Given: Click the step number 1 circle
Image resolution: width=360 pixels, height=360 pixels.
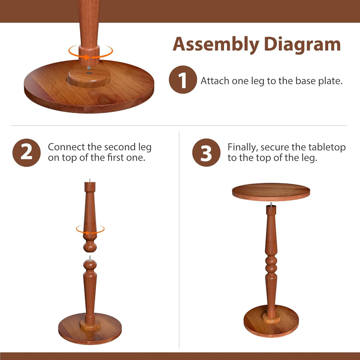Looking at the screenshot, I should pyautogui.click(x=182, y=80).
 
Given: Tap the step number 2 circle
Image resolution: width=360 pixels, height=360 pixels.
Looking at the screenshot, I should pyautogui.click(x=26, y=153).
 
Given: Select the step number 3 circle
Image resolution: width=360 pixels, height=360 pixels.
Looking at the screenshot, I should pyautogui.click(x=206, y=153).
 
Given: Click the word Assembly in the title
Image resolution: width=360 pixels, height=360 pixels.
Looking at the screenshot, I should pyautogui.click(x=216, y=45).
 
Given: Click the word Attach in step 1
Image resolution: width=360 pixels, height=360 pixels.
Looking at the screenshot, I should pyautogui.click(x=215, y=81).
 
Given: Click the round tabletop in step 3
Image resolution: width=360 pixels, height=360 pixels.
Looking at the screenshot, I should pyautogui.click(x=271, y=192).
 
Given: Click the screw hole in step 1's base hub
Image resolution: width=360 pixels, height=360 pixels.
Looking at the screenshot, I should pyautogui.click(x=89, y=71).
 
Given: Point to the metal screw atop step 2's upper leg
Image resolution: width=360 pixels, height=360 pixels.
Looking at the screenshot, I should pyautogui.click(x=90, y=180).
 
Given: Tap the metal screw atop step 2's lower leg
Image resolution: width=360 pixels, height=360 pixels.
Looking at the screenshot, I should pyautogui.click(x=90, y=258).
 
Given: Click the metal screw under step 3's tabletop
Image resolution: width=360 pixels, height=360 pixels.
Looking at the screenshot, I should pyautogui.click(x=271, y=204).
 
